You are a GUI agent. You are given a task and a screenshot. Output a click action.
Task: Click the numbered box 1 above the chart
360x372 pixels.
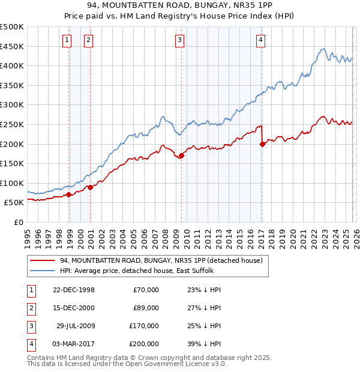click(x=67, y=40)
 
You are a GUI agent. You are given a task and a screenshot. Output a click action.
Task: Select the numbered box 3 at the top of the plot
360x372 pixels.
click(x=179, y=40)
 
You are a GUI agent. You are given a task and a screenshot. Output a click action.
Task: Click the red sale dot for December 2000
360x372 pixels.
click(x=90, y=187)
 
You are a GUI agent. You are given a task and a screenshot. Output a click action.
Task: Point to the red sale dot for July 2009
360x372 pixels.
click(x=181, y=156)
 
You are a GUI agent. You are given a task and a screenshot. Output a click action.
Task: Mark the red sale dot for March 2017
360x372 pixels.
click(x=262, y=144)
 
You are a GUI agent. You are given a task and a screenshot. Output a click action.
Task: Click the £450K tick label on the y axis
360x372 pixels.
click(x=12, y=46)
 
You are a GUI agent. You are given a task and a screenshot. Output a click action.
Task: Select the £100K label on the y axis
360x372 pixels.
click(x=12, y=183)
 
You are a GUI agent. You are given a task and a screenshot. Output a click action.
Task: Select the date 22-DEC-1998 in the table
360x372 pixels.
click(x=74, y=290)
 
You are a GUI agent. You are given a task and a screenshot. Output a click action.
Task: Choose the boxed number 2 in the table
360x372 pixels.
click(x=29, y=308)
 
